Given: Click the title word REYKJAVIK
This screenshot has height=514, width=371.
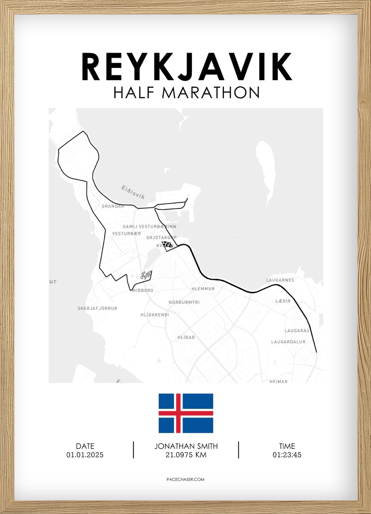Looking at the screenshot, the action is [x=187, y=67].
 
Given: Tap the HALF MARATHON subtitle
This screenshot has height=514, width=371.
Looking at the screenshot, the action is [x=187, y=93].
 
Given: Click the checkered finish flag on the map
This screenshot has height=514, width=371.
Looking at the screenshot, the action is [x=167, y=244].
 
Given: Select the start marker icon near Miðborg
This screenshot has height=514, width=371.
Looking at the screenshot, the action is [x=146, y=275].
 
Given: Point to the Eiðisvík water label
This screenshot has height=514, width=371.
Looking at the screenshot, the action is [x=133, y=192].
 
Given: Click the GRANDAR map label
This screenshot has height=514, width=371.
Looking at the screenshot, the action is [x=113, y=206].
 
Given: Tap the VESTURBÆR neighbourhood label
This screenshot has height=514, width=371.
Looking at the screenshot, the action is [x=127, y=234].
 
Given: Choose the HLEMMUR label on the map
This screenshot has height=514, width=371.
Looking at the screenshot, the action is [x=203, y=289].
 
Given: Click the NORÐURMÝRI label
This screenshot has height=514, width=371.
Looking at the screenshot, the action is [x=184, y=302].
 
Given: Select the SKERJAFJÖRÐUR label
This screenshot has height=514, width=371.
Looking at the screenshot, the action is [x=97, y=308].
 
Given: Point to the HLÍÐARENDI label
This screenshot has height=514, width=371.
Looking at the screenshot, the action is [x=155, y=315].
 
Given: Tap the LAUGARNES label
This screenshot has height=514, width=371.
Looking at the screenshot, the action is [x=280, y=280].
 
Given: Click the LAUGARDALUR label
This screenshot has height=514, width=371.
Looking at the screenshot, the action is [x=288, y=342].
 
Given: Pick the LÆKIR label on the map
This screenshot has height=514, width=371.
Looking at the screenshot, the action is [x=283, y=301].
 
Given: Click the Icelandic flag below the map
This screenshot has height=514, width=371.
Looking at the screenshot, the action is [x=186, y=413].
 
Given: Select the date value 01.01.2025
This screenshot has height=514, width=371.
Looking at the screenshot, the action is [x=85, y=455].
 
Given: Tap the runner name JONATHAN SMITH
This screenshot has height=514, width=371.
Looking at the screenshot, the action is [x=186, y=446].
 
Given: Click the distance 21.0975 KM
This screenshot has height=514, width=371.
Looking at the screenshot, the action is [x=186, y=455].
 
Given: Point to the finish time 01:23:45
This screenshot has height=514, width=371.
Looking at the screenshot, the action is [x=287, y=455].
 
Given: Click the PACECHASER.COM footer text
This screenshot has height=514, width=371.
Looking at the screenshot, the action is [x=185, y=479].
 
